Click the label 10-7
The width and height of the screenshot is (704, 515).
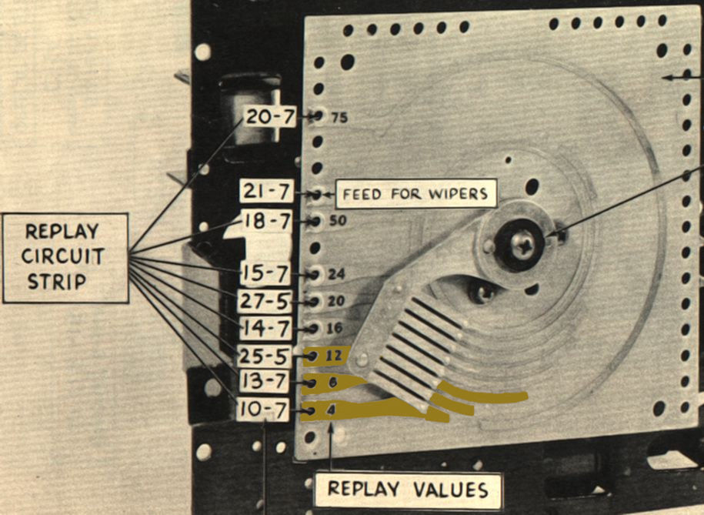coord(263,410)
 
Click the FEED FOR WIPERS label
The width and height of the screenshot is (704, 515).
coord(415,192)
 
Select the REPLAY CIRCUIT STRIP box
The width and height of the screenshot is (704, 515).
coord(65,257)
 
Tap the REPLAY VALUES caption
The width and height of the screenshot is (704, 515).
coord(407,489)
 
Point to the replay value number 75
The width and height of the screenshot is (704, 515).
coord(339,119)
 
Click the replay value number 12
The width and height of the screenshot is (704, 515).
coord(332,356)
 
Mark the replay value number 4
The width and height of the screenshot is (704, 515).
coord(331,410)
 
